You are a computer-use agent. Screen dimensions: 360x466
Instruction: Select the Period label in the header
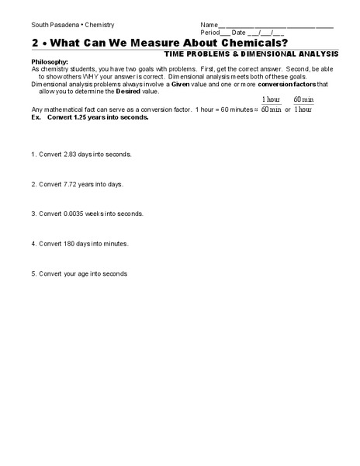[210, 33]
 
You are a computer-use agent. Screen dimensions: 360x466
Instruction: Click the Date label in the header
[239, 33]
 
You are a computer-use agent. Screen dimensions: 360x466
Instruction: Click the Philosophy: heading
[50, 61]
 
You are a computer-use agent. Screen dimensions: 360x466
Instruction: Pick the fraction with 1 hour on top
[271, 105]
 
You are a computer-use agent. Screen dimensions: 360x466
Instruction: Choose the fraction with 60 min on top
[303, 105]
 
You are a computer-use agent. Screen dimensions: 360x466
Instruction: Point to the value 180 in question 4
[69, 243]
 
